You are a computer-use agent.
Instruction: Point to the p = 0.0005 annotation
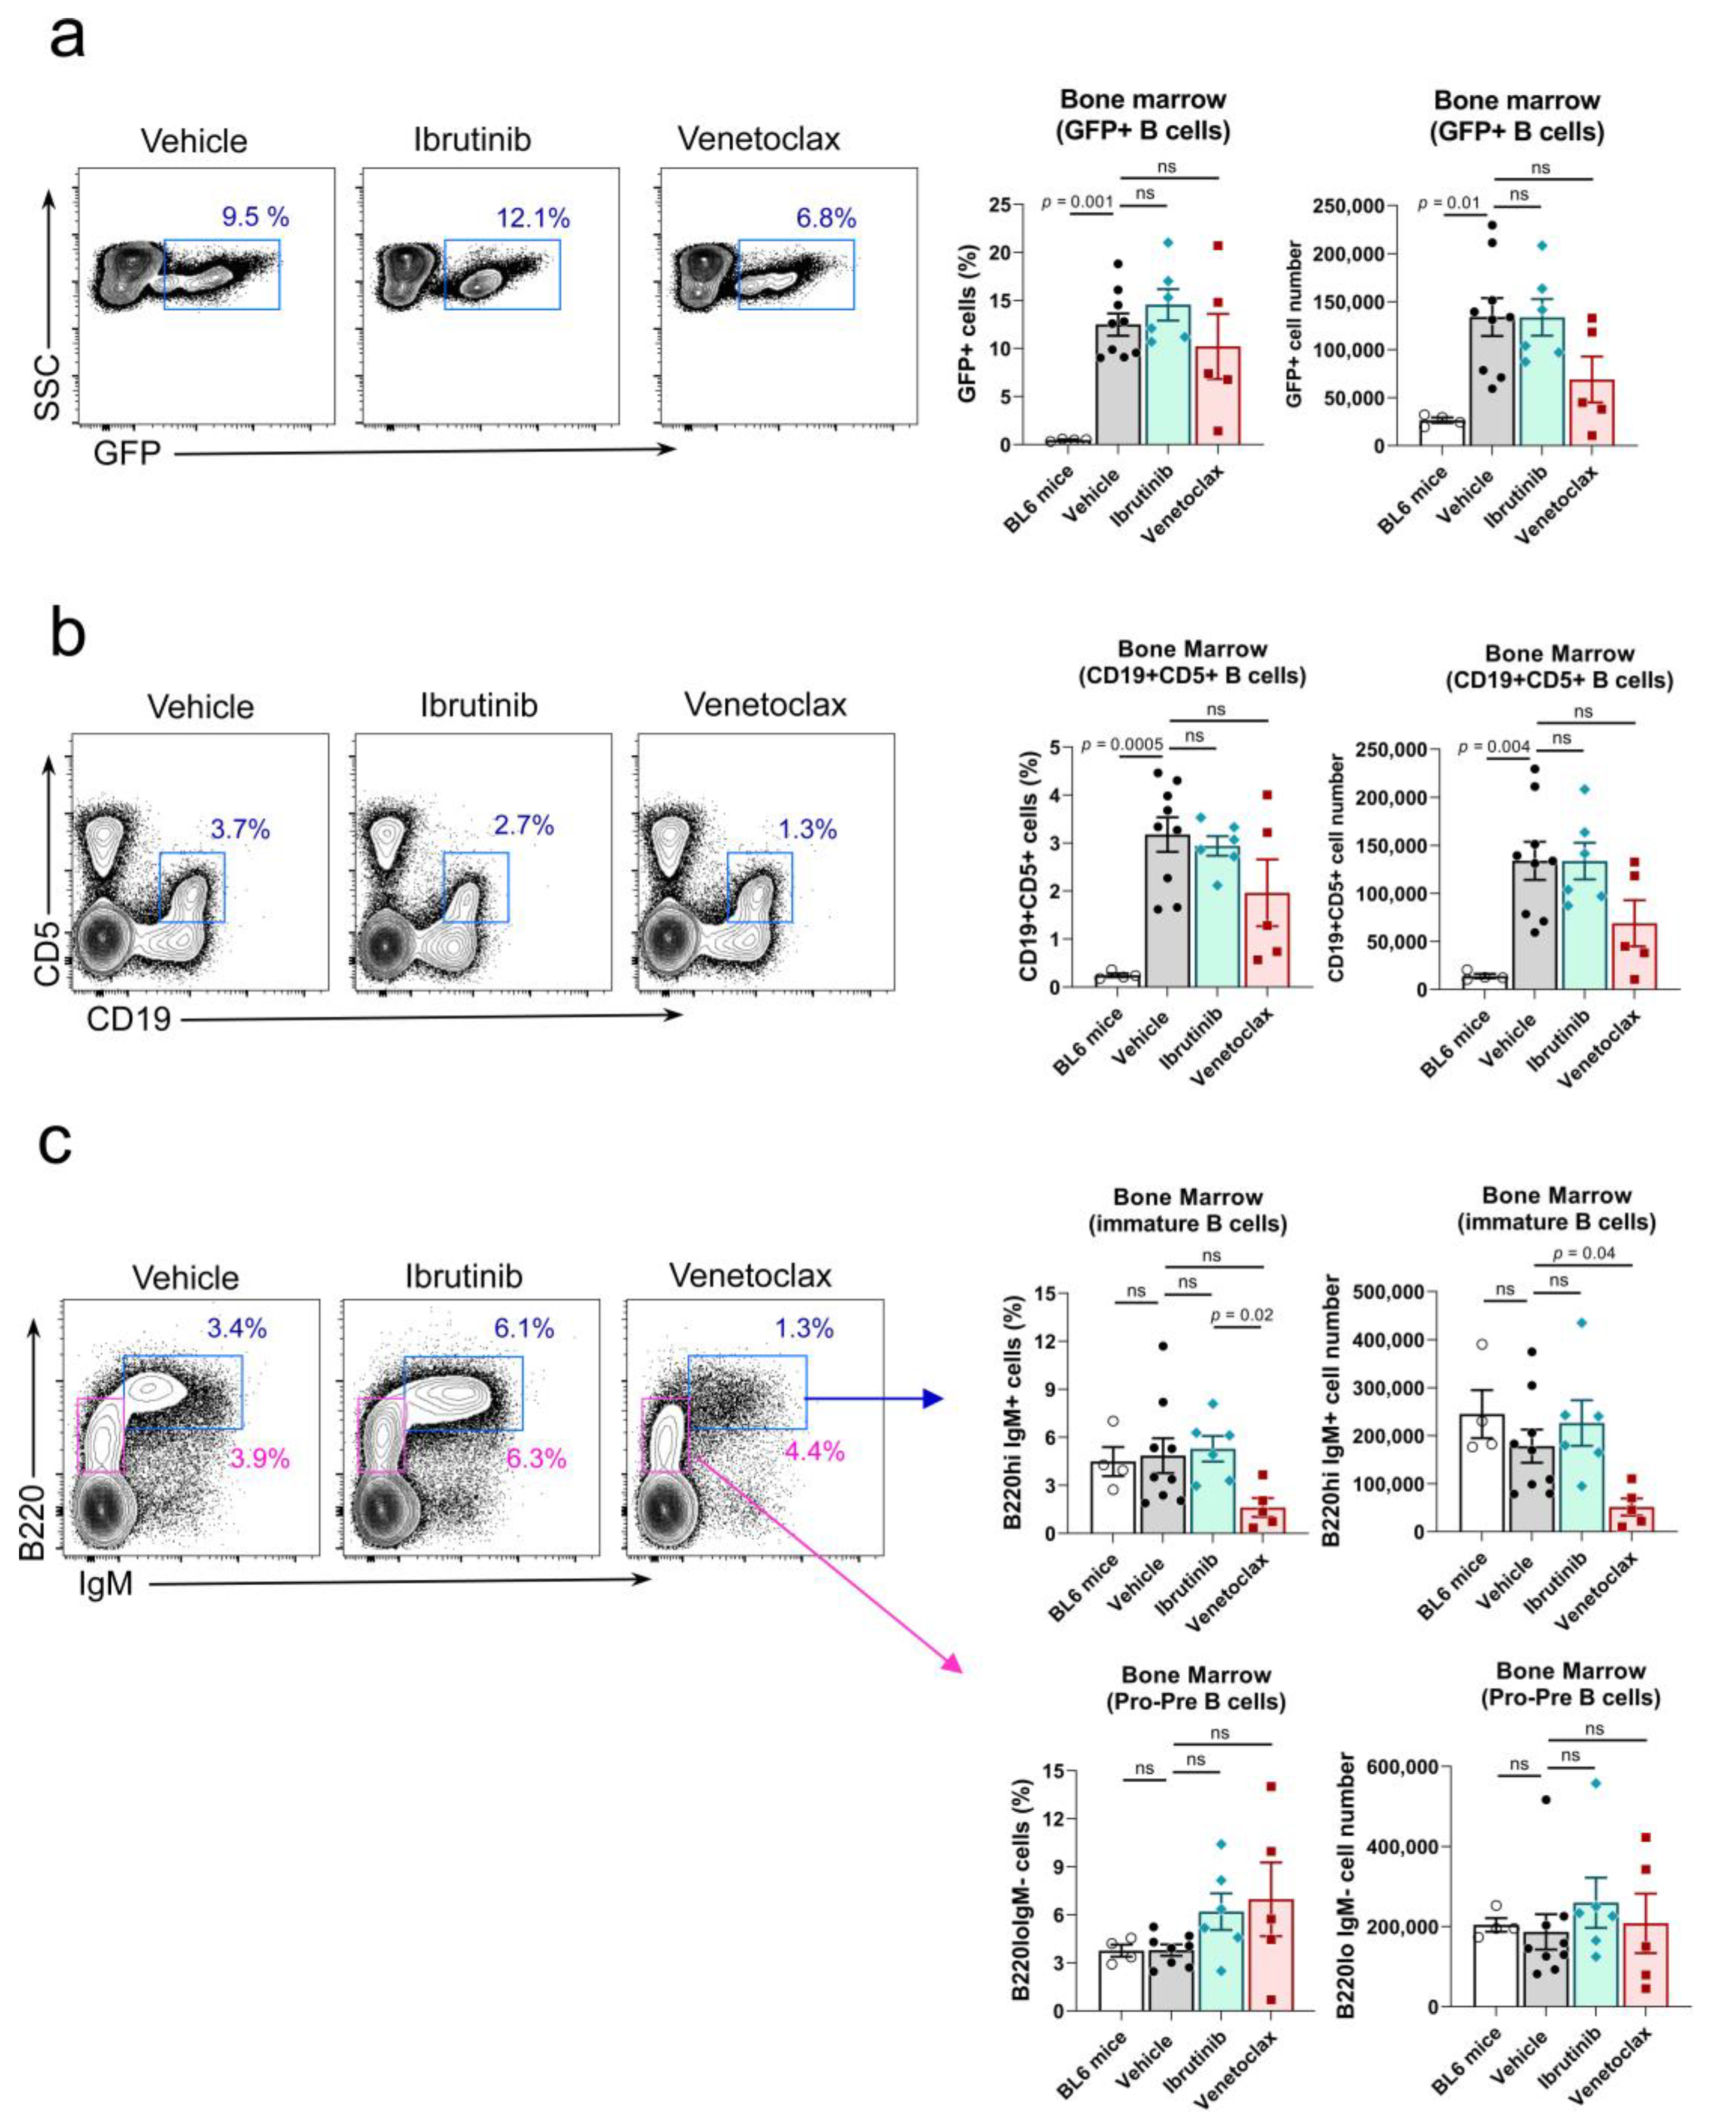[1123, 744]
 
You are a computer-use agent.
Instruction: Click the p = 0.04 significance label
[1583, 1254]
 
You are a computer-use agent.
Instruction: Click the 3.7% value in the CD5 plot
[240, 829]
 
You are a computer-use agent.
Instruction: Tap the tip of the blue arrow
[942, 1398]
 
